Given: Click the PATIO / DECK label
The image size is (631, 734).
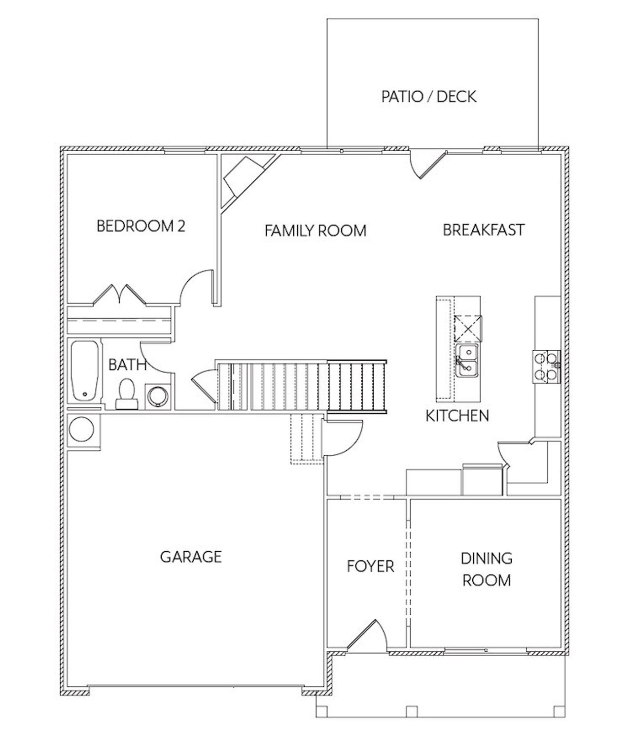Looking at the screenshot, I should [429, 97].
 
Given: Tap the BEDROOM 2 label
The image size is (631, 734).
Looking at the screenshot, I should [140, 226].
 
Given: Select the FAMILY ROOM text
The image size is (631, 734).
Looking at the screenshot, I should [315, 231].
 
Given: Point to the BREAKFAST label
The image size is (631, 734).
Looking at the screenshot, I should [483, 230].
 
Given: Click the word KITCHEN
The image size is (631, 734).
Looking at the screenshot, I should [457, 416].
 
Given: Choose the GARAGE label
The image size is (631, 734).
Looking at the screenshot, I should [191, 557].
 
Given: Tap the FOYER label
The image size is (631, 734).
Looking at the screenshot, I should [370, 566].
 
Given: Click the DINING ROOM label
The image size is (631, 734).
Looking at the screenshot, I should [486, 569].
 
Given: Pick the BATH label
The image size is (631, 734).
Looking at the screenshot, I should [127, 365].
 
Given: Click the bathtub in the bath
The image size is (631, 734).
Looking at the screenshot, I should [85, 371].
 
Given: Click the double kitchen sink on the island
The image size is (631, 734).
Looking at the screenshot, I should [466, 361].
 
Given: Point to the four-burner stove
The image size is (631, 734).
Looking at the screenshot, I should [546, 366].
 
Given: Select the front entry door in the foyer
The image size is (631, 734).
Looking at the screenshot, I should [367, 635].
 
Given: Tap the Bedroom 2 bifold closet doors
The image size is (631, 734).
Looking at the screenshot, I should [120, 294].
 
